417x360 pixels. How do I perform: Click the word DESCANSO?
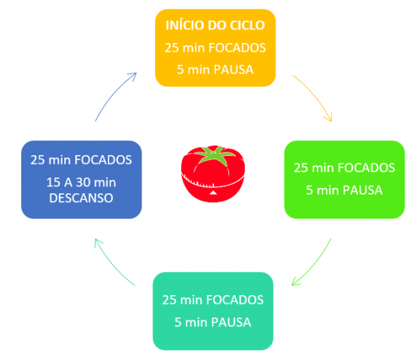click(81, 197)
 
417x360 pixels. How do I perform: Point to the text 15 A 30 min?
click(81, 182)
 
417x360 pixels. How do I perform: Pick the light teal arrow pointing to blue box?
click(116, 263)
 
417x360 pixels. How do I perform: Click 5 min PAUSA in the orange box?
click(215, 69)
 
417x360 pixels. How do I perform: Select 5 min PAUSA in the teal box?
click(213, 322)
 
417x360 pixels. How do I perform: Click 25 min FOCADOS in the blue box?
click(81, 160)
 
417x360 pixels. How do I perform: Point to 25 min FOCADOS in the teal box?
click(213, 300)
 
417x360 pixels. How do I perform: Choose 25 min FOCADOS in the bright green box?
click(344, 167)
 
